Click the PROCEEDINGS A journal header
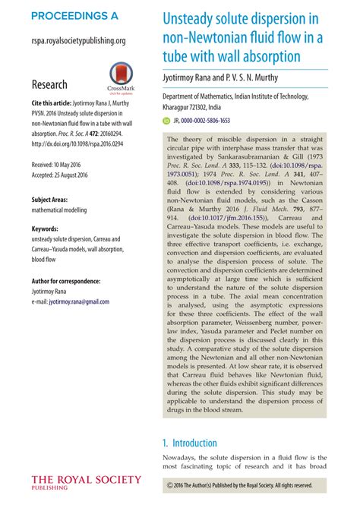point(75,15)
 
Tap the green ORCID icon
point(167,120)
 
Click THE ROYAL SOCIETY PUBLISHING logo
point(86,482)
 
